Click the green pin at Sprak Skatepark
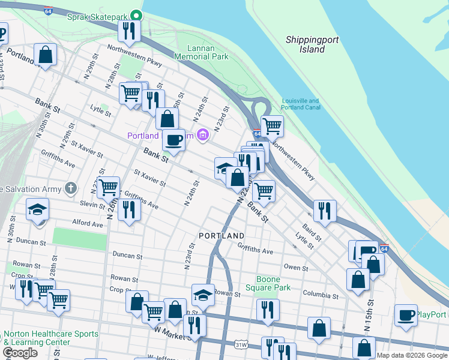[x=137, y=16]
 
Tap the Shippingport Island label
[x=312, y=44]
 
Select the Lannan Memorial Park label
[x=201, y=52]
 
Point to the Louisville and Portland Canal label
[x=301, y=104]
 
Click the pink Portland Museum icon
[x=203, y=136]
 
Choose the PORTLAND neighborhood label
[x=222, y=236]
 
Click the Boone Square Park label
[x=273, y=283]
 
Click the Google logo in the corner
[x=20, y=353]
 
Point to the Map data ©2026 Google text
[x=412, y=355]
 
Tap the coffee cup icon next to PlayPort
[x=406, y=314]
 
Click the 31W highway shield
[x=241, y=345]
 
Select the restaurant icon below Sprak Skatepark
[x=129, y=29]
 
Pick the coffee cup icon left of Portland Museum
[x=173, y=140]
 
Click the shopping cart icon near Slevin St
[x=108, y=187]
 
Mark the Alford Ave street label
[x=88, y=224]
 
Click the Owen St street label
[x=295, y=267]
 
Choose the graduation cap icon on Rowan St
[x=203, y=295]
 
